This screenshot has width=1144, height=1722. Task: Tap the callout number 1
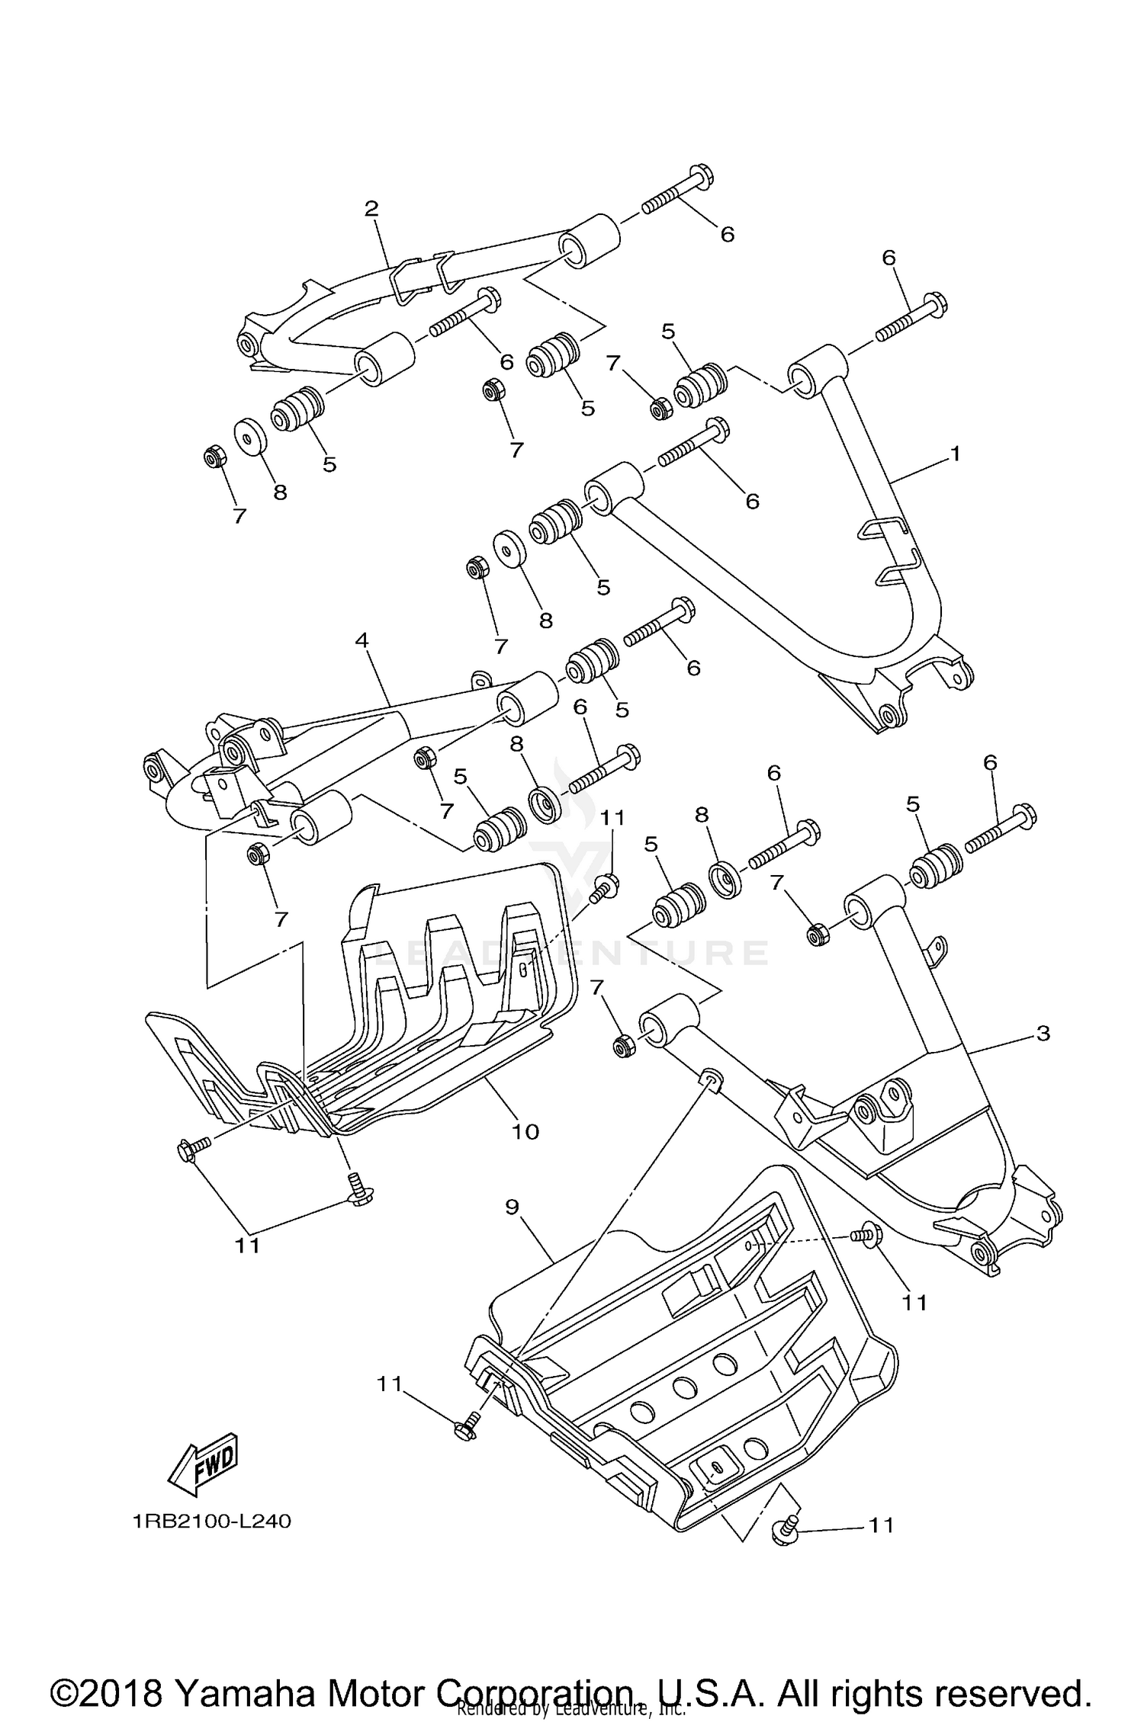955,454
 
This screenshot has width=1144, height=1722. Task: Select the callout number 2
371,208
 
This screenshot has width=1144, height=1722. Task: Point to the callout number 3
1043,1033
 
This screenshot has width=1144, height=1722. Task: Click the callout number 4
362,640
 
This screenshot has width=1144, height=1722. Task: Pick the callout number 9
512,1206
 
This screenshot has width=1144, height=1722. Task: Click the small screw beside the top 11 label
606,887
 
